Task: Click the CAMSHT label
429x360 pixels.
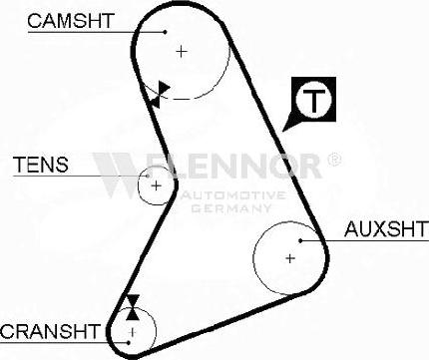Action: [71, 19]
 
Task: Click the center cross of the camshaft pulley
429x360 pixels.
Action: [181, 50]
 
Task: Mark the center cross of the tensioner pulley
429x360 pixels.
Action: [155, 184]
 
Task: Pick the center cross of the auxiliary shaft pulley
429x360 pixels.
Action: [290, 258]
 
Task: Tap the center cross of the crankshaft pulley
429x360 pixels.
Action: [131, 329]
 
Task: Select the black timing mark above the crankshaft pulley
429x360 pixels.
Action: [131, 305]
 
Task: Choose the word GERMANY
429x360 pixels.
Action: [236, 209]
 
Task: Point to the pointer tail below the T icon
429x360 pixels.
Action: [291, 122]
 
